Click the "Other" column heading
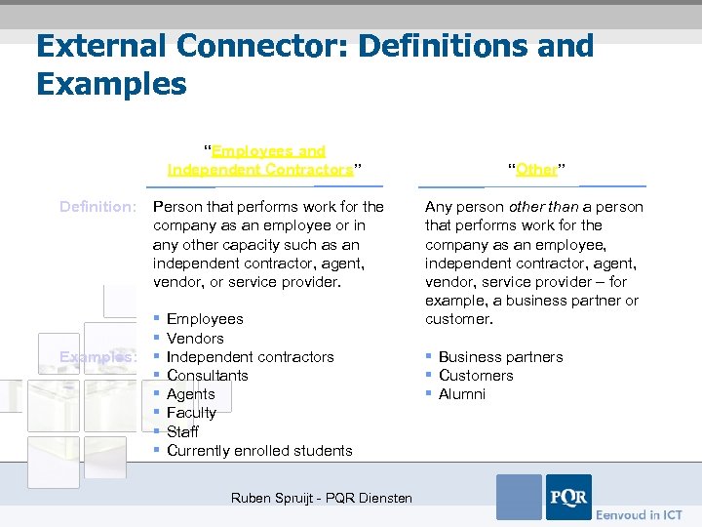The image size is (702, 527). (537, 170)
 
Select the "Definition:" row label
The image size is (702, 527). (98, 207)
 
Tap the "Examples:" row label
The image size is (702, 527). (98, 357)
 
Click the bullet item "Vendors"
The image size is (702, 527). (195, 339)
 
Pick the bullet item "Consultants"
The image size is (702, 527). (207, 376)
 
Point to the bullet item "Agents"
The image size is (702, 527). (191, 394)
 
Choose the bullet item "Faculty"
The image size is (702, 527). (191, 413)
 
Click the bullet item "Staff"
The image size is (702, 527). (182, 431)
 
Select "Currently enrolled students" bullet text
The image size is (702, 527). (259, 451)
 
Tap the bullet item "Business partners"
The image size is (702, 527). (500, 357)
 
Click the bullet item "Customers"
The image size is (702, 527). (475, 376)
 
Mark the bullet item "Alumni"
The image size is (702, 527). (461, 394)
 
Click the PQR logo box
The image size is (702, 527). (568, 498)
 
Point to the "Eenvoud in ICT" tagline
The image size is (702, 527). (639, 514)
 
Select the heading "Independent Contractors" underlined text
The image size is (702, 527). (259, 170)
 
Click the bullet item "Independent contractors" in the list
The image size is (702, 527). (250, 357)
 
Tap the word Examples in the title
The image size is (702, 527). (111, 84)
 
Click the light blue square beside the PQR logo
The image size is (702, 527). (519, 498)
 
